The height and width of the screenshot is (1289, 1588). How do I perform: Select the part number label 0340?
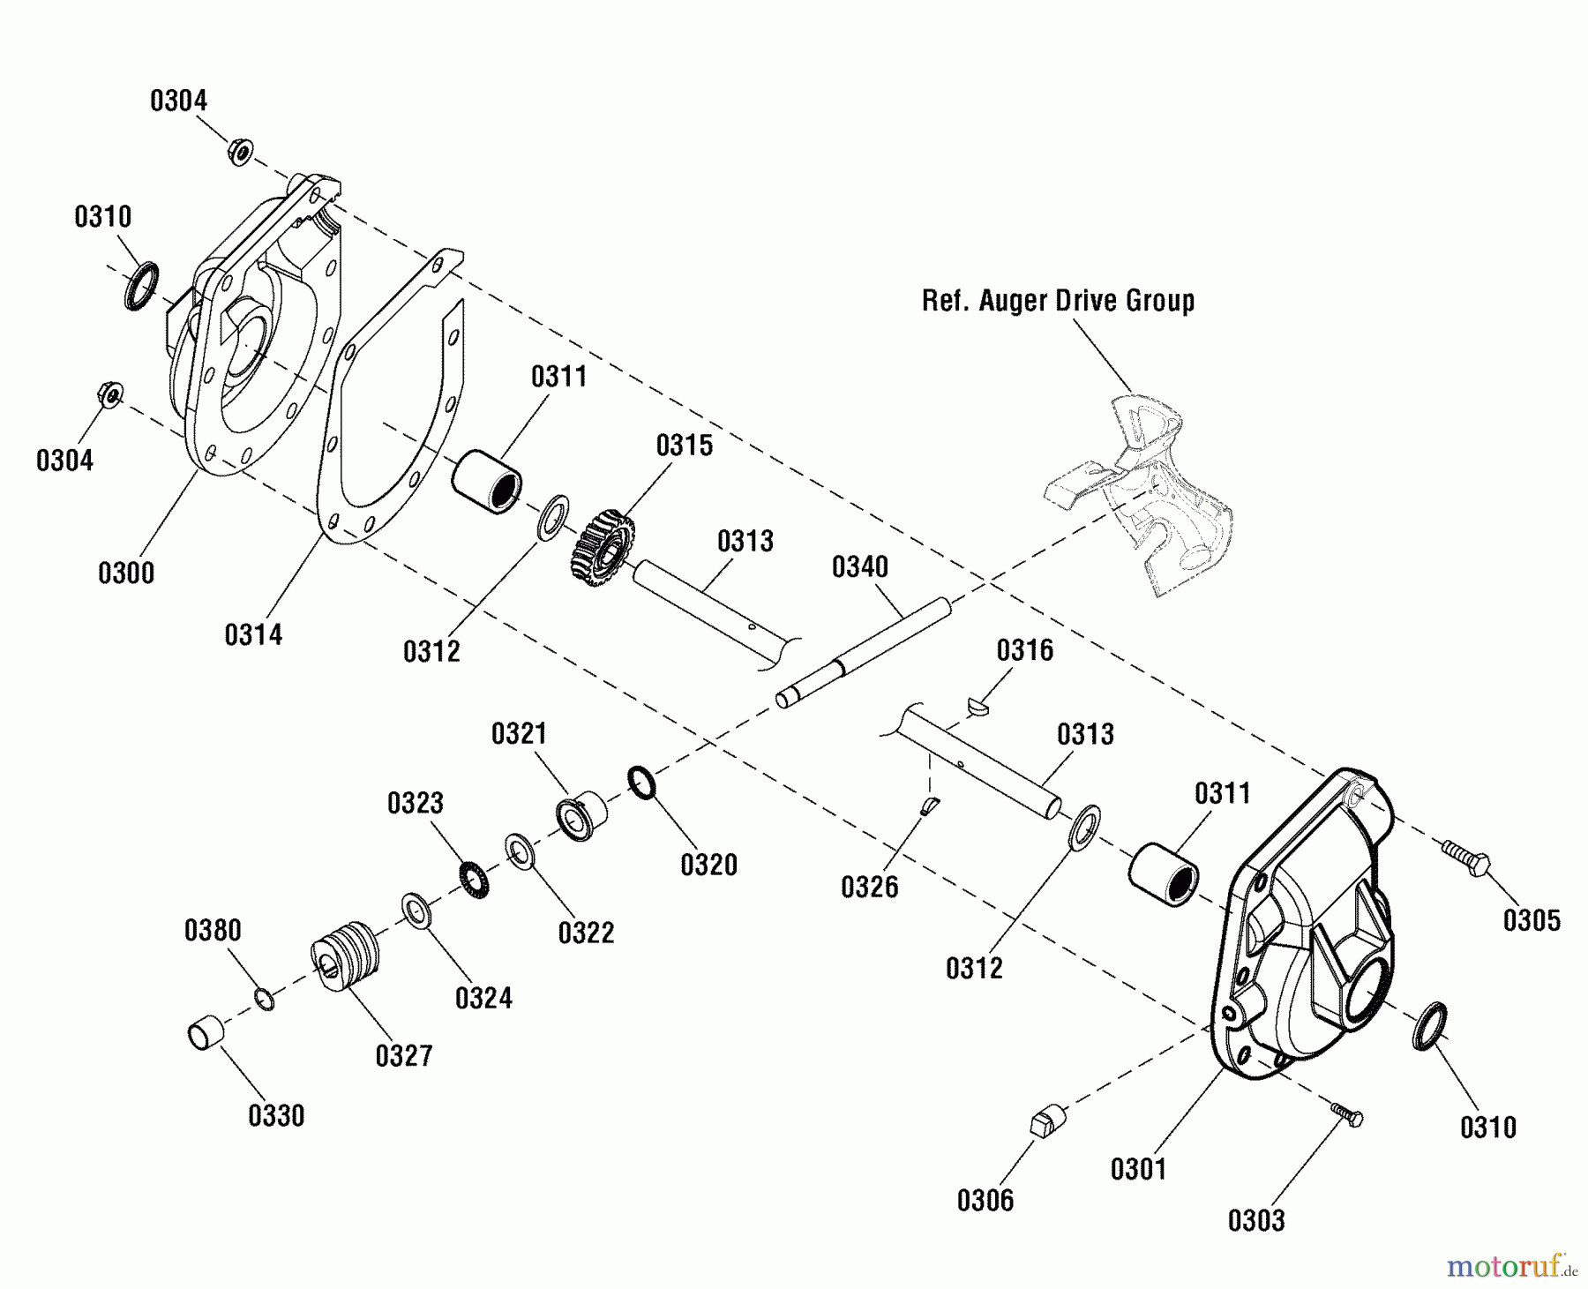tap(860, 567)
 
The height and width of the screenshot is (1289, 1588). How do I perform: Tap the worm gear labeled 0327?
tap(347, 956)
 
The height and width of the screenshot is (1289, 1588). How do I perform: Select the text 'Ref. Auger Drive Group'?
tap(1058, 301)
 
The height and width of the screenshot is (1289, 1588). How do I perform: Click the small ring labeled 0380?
tap(264, 1000)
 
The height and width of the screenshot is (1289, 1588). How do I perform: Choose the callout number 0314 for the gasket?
tap(253, 634)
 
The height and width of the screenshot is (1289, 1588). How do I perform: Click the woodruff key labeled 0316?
tap(977, 703)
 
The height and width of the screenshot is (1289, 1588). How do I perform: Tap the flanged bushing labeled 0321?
tap(581, 815)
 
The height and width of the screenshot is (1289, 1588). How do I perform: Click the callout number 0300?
tap(126, 573)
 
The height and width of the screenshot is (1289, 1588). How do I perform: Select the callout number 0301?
tap(1138, 1170)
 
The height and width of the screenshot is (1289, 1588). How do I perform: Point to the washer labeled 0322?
tap(520, 851)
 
